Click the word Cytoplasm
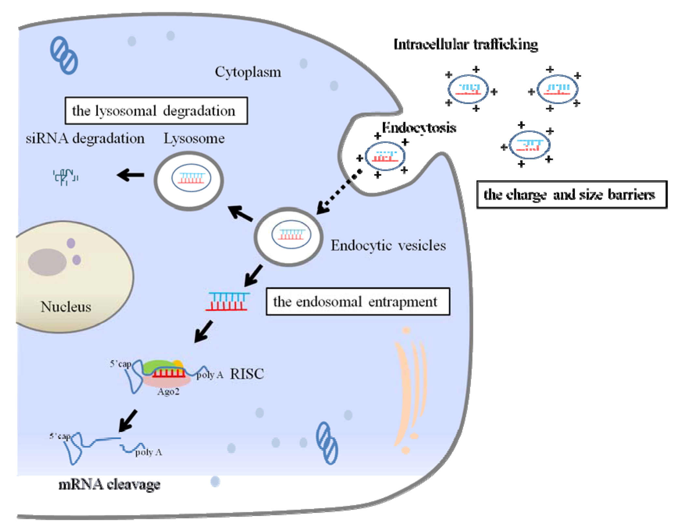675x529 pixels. (x=248, y=72)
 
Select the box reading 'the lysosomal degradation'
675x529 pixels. (x=156, y=110)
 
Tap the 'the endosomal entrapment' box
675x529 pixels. (x=358, y=301)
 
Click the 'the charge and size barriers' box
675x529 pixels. (x=571, y=194)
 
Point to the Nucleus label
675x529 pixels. (x=66, y=307)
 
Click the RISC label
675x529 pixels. (x=247, y=374)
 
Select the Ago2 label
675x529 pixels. (x=168, y=391)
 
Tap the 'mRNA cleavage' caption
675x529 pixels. (x=109, y=484)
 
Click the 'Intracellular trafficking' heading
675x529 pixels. (x=466, y=44)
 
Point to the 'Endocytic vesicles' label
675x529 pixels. (x=388, y=245)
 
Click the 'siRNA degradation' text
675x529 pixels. (x=85, y=138)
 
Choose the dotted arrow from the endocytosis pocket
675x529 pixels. (x=339, y=192)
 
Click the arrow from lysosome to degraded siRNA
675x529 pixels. (x=131, y=175)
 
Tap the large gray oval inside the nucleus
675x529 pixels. (x=47, y=262)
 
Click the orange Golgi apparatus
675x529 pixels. (x=409, y=391)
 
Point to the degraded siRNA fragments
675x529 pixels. (x=65, y=177)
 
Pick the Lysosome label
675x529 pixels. (x=194, y=138)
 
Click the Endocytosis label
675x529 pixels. (x=419, y=128)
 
